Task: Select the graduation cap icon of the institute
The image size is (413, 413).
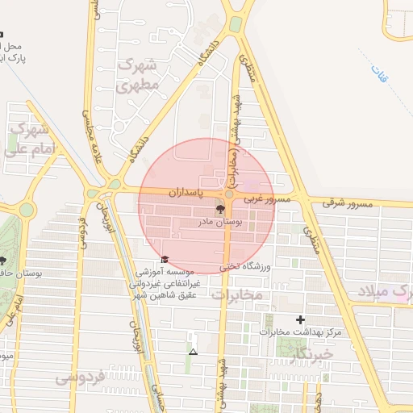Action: point(165,259)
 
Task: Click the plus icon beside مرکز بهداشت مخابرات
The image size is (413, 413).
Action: point(300,319)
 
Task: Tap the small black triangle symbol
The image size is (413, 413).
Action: point(192,352)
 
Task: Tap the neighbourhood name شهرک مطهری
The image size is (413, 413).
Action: point(136,73)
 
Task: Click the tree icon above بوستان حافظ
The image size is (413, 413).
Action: point(2,261)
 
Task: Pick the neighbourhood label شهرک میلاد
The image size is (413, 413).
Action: point(386,292)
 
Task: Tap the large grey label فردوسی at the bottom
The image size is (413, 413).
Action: point(81,378)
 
